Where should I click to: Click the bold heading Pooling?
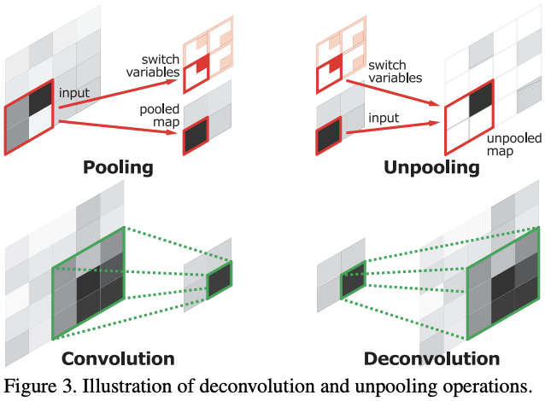tap(118, 166)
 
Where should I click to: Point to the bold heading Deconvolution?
tap(431, 358)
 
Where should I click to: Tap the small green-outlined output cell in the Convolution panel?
tap(219, 281)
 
